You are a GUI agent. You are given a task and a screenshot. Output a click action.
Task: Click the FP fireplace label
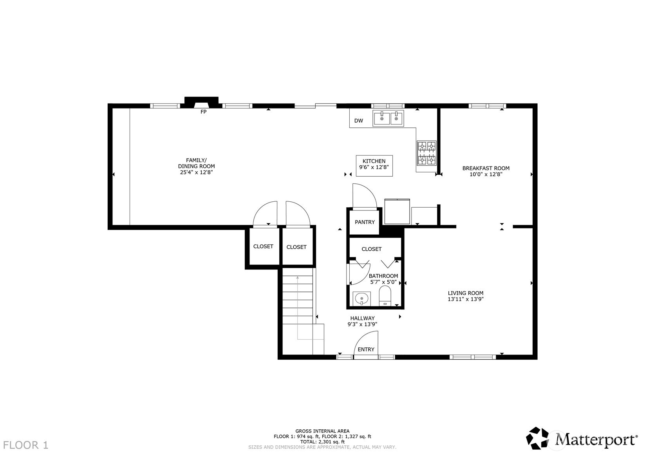click(x=203, y=112)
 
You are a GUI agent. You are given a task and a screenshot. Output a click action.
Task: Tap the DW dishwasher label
click(x=358, y=121)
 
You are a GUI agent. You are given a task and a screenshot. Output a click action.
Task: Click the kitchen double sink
click(x=388, y=118)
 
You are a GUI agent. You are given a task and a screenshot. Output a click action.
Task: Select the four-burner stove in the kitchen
click(x=426, y=153)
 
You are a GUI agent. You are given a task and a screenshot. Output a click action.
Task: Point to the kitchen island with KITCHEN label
click(x=374, y=166)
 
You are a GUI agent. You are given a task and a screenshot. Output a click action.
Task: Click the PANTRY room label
click(x=365, y=222)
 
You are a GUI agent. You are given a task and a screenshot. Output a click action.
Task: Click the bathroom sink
click(x=361, y=299)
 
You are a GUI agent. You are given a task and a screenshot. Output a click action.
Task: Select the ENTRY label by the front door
click(x=366, y=349)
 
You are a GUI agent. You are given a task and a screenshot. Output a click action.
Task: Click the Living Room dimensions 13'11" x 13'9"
click(x=465, y=299)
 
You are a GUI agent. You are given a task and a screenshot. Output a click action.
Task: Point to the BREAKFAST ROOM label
click(x=486, y=168)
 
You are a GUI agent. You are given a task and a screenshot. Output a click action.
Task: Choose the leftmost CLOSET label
click(x=263, y=246)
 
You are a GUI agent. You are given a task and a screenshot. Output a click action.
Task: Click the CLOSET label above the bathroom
click(x=371, y=249)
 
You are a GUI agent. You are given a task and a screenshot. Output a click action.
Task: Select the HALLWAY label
click(x=362, y=318)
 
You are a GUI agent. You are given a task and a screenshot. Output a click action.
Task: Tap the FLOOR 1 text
click(x=26, y=445)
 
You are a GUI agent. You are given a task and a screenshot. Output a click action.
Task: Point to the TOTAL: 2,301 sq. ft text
click(x=322, y=442)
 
